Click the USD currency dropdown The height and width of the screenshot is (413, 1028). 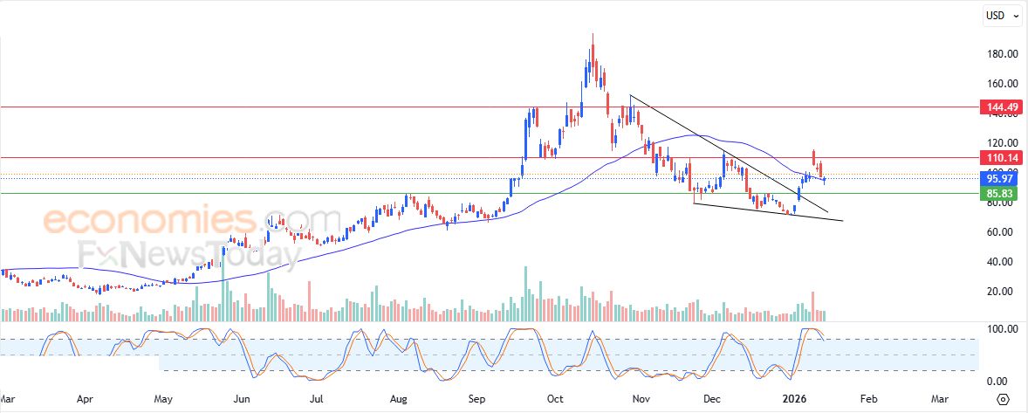pos(1003,15)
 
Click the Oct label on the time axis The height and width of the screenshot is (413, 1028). pos(555,398)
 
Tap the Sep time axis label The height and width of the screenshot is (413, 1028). pos(476,398)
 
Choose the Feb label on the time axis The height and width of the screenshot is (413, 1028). pos(868,398)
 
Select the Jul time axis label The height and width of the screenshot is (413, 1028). pos(318,398)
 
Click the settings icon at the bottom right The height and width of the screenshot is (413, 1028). pos(1003,399)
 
